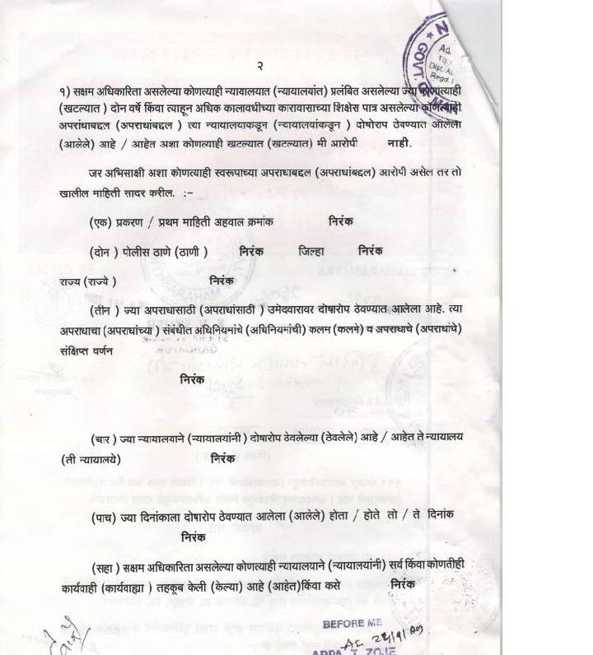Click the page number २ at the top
point(259,66)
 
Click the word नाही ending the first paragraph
point(399,142)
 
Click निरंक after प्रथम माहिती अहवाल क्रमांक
point(340,221)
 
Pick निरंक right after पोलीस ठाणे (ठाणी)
point(251,251)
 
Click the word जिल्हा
point(311,252)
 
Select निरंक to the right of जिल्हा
point(371,251)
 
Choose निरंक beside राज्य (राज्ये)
point(222,281)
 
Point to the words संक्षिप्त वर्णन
point(86,350)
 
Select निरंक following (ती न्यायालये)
point(223,458)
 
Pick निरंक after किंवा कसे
point(403,584)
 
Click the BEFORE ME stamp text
point(353,624)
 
